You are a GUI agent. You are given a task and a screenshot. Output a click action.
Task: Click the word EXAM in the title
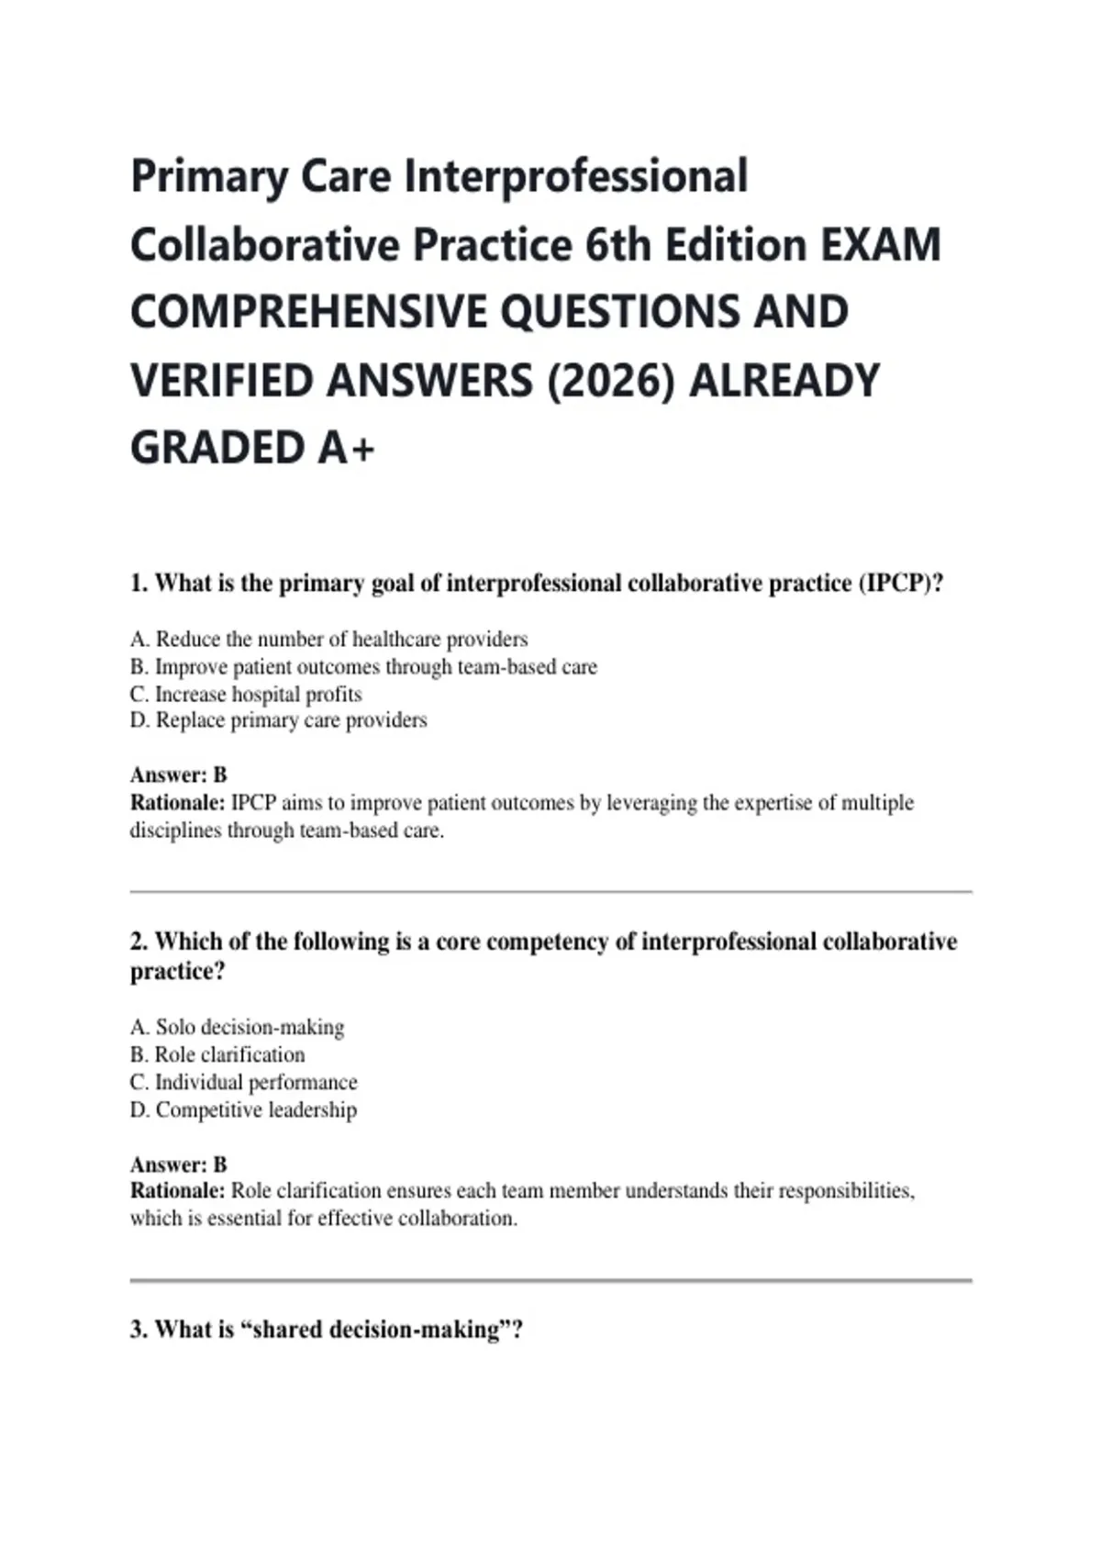coord(881,245)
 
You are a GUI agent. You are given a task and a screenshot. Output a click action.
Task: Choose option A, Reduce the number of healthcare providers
coord(328,639)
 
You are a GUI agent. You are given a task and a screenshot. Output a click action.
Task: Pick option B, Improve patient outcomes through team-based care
coord(363,666)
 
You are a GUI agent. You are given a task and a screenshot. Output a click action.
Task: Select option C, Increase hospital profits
coord(246,694)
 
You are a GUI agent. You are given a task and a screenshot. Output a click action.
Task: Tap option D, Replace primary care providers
coord(278,720)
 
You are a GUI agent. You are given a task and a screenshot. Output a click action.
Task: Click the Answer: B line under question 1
coord(178,774)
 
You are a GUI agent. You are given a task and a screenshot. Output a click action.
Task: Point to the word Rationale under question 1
coord(177,803)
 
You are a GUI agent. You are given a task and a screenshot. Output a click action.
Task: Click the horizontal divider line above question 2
coord(550,891)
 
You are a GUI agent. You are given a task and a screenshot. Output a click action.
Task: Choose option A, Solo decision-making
coord(237,1027)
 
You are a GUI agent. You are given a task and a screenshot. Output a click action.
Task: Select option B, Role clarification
coord(217,1054)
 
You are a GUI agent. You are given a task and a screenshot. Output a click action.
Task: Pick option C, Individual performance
coord(243,1082)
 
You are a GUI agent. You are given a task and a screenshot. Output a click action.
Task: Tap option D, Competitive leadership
coord(243,1109)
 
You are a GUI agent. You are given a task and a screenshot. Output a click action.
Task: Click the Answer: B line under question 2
coord(178,1164)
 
